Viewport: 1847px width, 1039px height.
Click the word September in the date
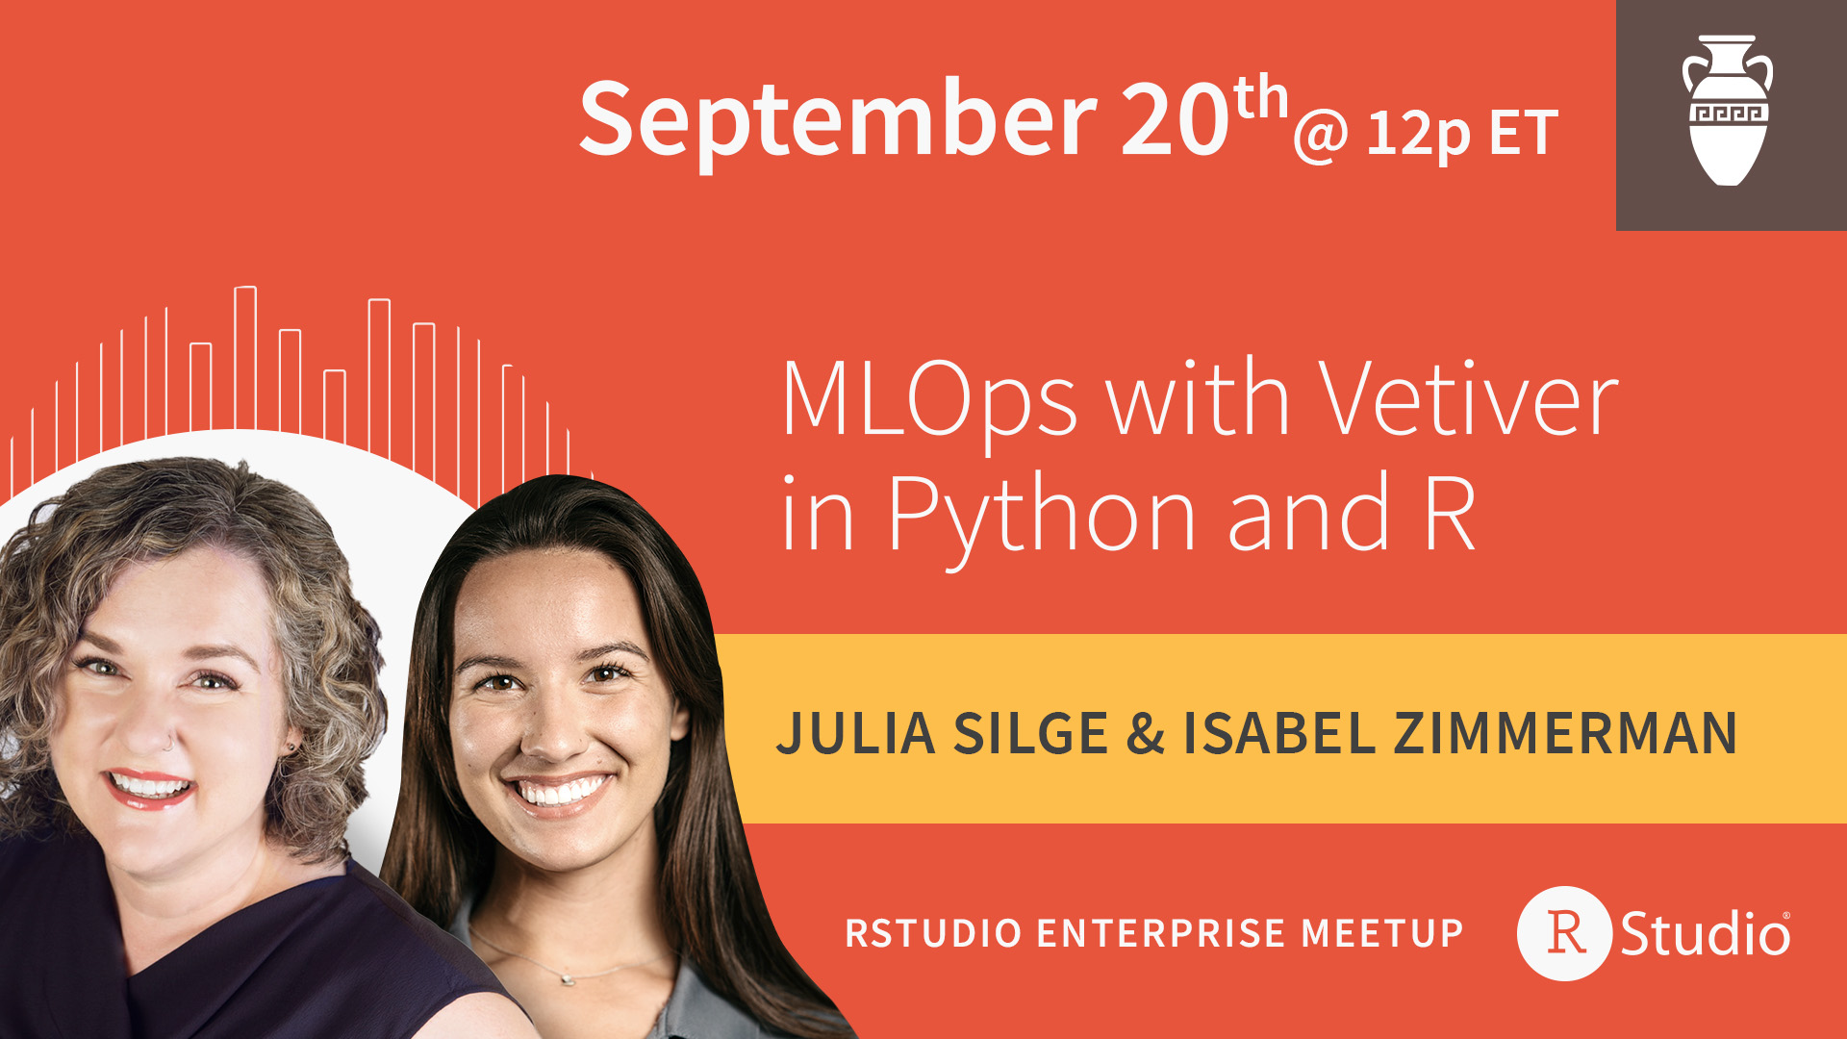[x=838, y=120]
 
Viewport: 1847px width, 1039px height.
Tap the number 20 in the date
[x=1175, y=118]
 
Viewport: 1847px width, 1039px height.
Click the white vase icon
[x=1728, y=111]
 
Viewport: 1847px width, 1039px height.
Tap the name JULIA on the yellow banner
[x=856, y=734]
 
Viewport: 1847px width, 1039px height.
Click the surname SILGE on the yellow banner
[x=1030, y=734]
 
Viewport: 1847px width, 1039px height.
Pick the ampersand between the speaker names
[x=1145, y=734]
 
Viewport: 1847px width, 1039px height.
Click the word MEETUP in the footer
[x=1382, y=933]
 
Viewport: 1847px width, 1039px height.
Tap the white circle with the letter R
[x=1565, y=933]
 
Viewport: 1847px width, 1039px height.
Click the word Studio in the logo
[x=1705, y=933]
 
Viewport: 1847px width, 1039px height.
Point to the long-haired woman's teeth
[x=561, y=792]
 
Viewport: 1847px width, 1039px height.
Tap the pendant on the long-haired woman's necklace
[x=568, y=978]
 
